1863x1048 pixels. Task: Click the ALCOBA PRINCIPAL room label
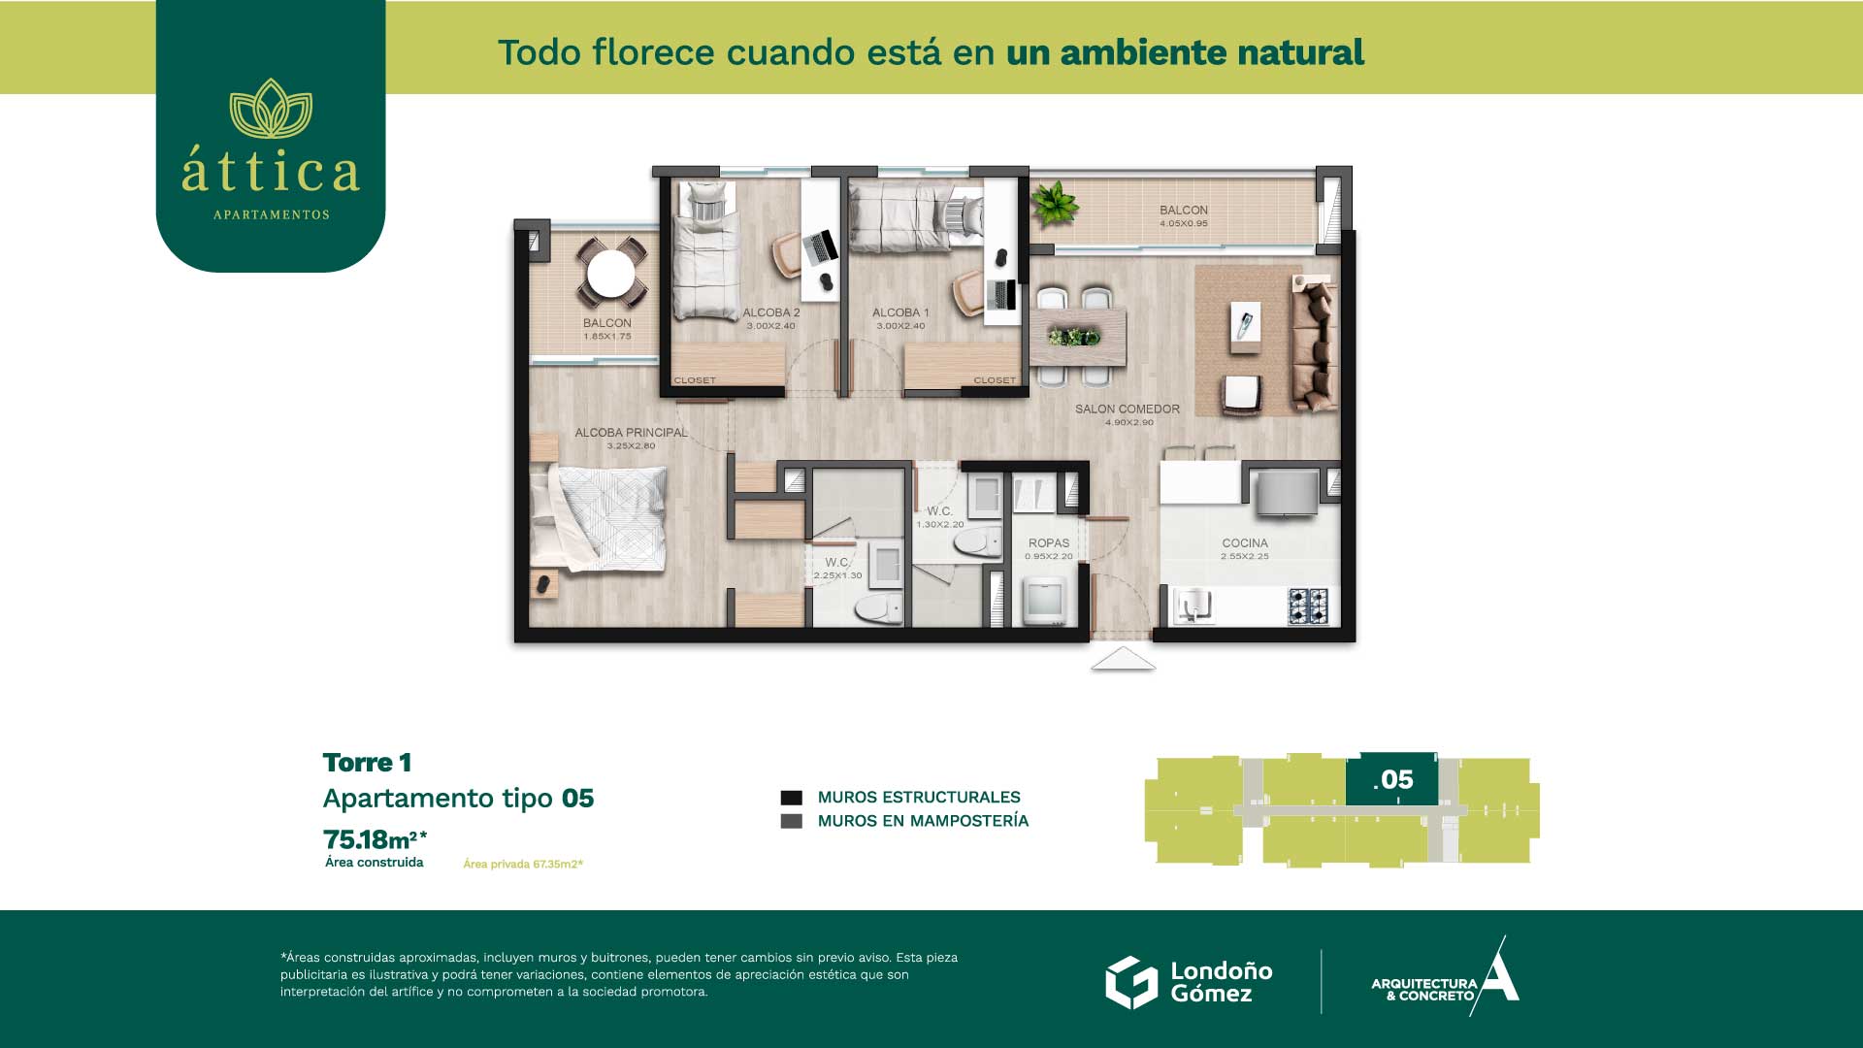coord(631,433)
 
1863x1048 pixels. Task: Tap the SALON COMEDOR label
coord(1128,409)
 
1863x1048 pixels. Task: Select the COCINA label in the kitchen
coord(1245,543)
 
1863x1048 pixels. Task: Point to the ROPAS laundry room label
coord(1049,543)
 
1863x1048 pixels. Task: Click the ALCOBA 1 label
coord(900,312)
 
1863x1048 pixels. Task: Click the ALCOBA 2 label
coord(771,312)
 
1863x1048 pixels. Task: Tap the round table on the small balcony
coord(611,274)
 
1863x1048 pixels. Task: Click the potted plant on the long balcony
coord(1054,204)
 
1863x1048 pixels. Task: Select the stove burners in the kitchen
coord(1307,606)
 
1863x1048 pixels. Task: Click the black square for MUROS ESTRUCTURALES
coord(792,798)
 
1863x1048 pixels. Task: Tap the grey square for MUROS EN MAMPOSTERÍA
coord(792,821)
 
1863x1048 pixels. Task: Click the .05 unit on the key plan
coord(1391,778)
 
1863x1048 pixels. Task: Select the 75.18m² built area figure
coord(376,839)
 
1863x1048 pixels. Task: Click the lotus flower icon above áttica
coord(271,109)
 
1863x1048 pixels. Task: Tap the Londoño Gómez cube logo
coord(1131,982)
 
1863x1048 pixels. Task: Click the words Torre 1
coord(367,763)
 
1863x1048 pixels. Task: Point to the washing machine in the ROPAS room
coord(1046,602)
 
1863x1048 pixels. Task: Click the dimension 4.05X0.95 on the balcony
coord(1184,223)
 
